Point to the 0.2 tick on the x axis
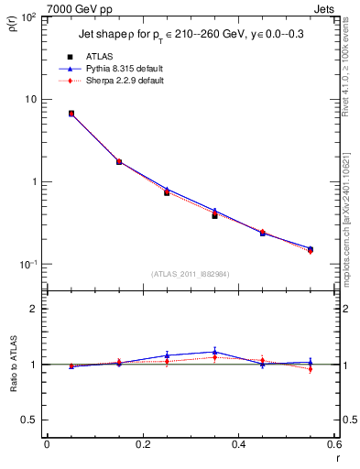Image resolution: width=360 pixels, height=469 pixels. coord(142,445)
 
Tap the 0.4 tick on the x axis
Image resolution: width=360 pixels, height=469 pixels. coord(238,445)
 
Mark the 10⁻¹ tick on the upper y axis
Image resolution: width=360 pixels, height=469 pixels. coord(27,265)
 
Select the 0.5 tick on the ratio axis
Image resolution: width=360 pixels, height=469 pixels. coord(29,420)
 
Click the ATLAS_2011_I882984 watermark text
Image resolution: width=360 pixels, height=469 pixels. coord(191,274)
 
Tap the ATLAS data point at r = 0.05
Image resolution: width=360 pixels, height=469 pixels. coord(71,114)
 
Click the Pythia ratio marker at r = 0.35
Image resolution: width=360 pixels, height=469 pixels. coord(214,352)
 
